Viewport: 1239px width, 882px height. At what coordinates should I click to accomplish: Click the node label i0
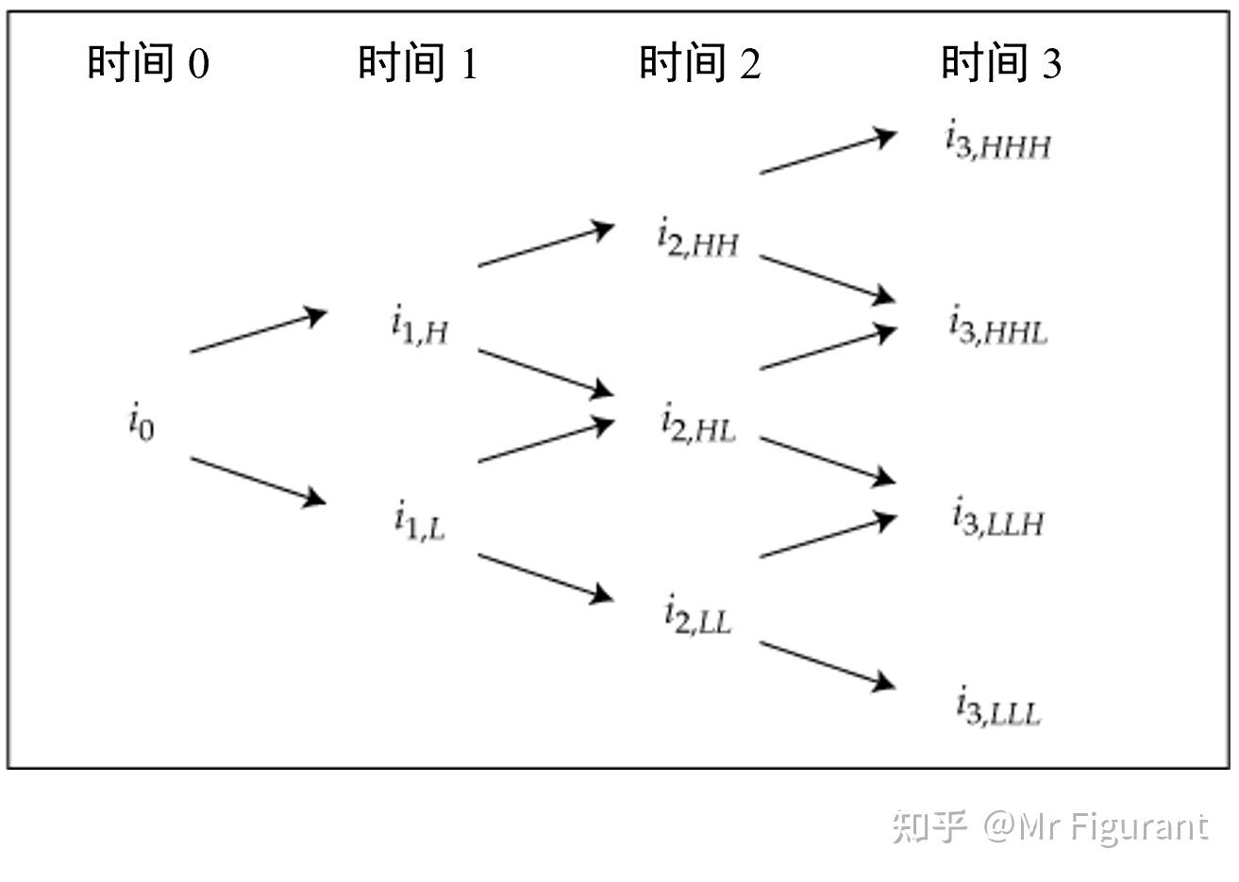[142, 421]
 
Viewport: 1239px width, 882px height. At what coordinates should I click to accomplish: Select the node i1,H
[420, 327]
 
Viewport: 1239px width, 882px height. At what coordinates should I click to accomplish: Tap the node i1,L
[420, 521]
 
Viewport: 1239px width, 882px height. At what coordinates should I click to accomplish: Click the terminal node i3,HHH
[997, 142]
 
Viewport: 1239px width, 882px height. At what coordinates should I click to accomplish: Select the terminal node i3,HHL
[997, 326]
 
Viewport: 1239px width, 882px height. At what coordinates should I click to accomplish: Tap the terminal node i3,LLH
[997, 518]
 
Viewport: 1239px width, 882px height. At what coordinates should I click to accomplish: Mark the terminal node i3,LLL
[997, 707]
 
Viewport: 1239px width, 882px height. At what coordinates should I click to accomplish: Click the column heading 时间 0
[148, 63]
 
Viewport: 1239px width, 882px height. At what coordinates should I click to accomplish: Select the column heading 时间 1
[418, 63]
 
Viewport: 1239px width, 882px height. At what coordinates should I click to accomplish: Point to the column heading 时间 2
[699, 63]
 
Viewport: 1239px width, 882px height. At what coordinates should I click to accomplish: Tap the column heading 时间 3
[1001, 63]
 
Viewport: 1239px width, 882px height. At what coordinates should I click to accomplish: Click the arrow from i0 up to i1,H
[259, 332]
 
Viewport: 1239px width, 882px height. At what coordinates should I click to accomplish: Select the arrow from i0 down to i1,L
[259, 480]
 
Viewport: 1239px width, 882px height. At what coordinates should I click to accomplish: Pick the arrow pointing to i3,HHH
[828, 154]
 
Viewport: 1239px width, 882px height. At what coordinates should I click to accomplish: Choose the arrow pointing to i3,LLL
[828, 665]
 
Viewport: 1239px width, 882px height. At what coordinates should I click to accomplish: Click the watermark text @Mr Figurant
[1095, 826]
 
